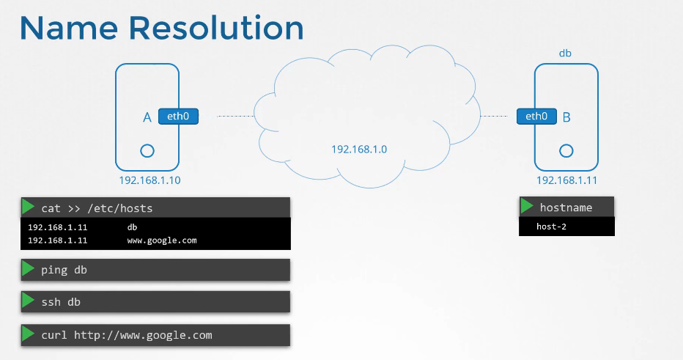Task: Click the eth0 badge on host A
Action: [x=178, y=116]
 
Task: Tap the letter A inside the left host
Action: [x=147, y=117]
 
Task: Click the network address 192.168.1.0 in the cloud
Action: [x=358, y=149]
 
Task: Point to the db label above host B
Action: [x=565, y=54]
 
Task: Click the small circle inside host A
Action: [x=147, y=150]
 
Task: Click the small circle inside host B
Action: [x=566, y=150]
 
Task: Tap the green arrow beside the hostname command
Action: [x=528, y=207]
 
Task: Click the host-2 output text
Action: [x=551, y=227]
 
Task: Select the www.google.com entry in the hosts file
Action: [x=161, y=240]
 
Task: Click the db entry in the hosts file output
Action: [x=132, y=227]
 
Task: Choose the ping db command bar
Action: [x=155, y=270]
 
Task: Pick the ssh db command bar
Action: [x=155, y=301]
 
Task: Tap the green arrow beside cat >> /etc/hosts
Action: [x=29, y=207]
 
